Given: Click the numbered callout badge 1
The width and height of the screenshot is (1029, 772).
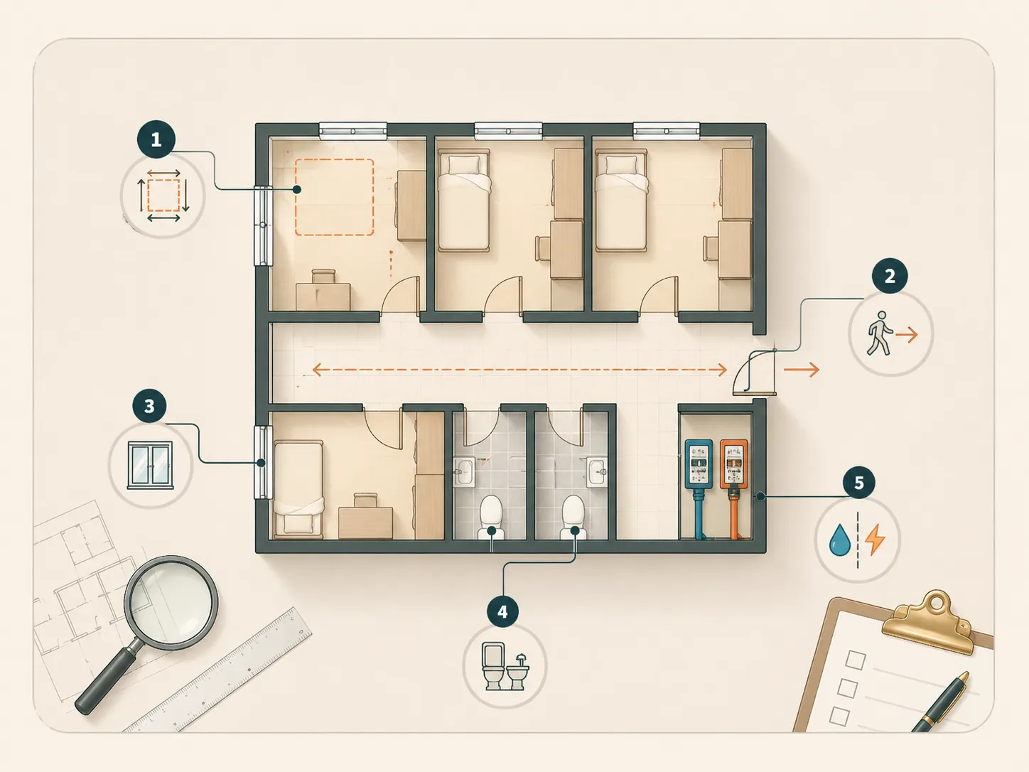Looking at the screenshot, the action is (156, 139).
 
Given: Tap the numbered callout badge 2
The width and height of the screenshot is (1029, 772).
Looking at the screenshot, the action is (889, 276).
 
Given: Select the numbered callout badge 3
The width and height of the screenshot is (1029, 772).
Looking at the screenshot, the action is (149, 406).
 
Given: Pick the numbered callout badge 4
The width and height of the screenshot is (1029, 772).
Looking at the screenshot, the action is (502, 611).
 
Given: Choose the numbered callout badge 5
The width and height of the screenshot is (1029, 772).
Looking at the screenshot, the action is (859, 483).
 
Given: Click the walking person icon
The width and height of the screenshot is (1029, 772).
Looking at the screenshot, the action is (878, 333).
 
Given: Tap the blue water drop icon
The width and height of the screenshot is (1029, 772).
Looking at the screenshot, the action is (839, 540).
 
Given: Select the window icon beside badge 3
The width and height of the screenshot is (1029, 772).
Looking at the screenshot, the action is (150, 465).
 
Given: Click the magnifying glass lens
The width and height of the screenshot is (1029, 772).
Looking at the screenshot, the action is (171, 603).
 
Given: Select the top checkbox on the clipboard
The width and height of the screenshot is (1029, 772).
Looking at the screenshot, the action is (856, 660).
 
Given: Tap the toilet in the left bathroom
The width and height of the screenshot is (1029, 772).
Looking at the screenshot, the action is (491, 517).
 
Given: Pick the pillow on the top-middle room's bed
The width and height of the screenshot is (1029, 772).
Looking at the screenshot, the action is (464, 164).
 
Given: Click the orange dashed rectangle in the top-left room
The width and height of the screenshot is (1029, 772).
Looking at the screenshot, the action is (334, 197).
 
